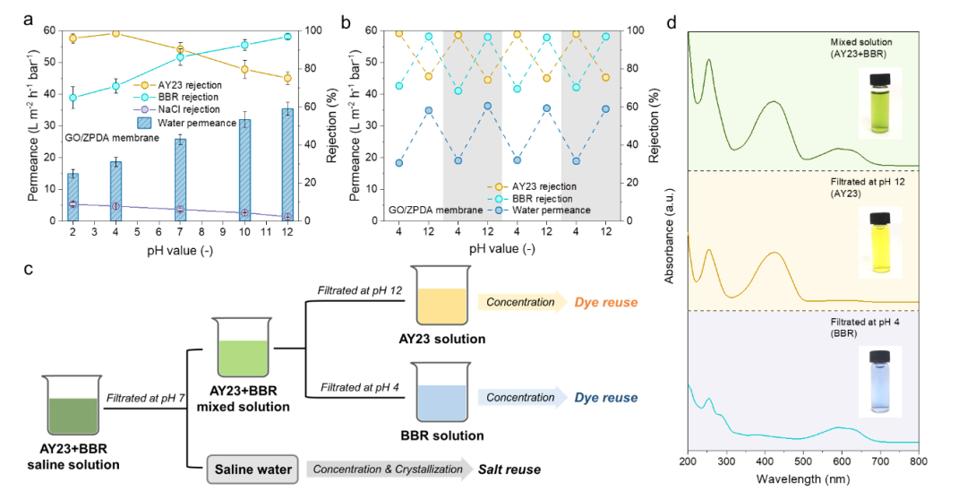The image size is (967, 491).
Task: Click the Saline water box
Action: point(252,469)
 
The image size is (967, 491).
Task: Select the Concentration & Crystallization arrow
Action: point(389,469)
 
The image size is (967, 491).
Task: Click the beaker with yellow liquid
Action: point(441,297)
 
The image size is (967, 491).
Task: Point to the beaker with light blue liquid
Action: point(441,392)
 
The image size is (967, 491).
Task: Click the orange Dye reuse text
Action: point(606,303)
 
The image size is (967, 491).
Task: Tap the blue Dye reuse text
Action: point(606,398)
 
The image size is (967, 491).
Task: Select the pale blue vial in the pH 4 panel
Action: point(879,382)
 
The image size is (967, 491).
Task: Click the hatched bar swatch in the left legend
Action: point(144,123)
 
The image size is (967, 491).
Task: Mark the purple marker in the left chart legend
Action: point(145,109)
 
